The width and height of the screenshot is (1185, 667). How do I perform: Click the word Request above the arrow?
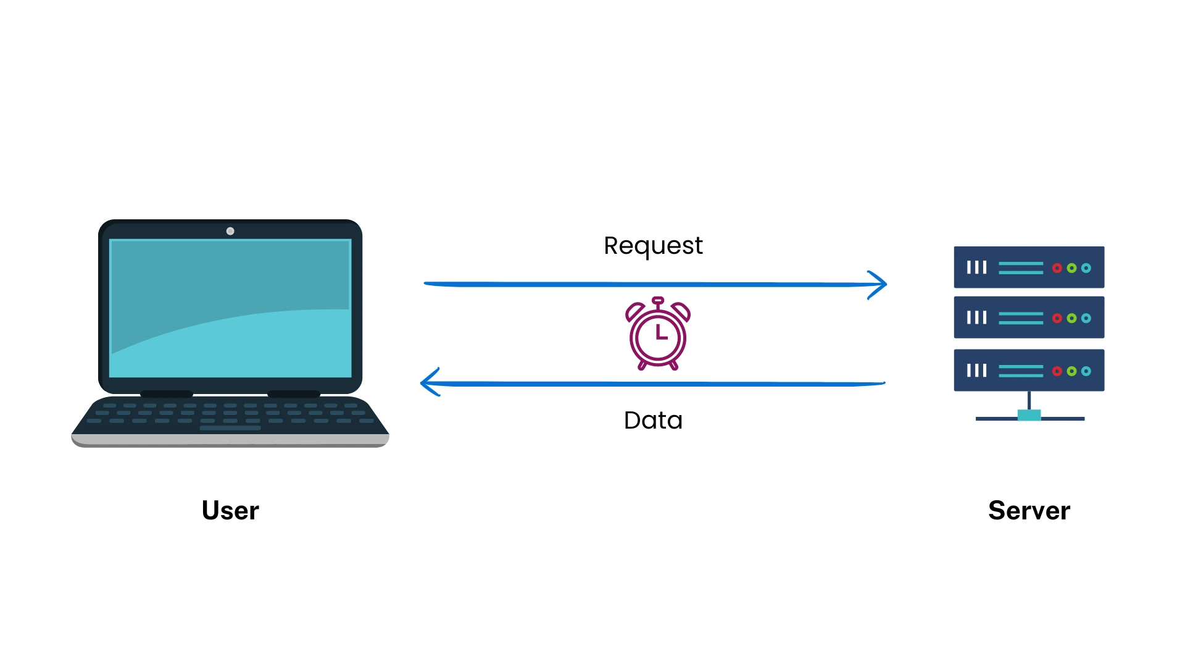[x=653, y=246]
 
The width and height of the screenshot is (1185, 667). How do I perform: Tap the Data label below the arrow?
[x=653, y=421]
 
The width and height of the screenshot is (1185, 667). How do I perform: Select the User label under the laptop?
[x=230, y=510]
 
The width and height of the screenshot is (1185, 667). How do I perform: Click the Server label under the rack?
[x=1029, y=510]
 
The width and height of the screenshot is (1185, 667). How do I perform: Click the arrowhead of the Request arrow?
[x=880, y=285]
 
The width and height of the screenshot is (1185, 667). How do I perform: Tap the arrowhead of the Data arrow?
[x=427, y=382]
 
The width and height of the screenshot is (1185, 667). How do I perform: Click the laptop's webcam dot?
[x=230, y=231]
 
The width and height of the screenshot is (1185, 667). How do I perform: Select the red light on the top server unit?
[x=1057, y=268]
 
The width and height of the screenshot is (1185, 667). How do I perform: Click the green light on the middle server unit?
[x=1071, y=318]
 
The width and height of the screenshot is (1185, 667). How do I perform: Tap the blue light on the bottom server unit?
[x=1086, y=371]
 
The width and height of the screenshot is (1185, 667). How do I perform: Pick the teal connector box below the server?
[x=1029, y=415]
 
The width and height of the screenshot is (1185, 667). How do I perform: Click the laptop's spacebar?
[x=230, y=427]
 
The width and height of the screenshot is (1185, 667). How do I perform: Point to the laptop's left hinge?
[x=167, y=394]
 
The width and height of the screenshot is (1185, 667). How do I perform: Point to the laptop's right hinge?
[x=294, y=394]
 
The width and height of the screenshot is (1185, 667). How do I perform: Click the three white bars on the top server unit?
[x=976, y=267]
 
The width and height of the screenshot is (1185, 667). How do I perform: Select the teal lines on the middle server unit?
[x=1020, y=318]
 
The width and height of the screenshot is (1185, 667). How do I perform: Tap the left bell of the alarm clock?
[x=635, y=311]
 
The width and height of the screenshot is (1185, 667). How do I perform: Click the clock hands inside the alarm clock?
[x=660, y=333]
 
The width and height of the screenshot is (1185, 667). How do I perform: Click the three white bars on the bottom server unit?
[x=976, y=371]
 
